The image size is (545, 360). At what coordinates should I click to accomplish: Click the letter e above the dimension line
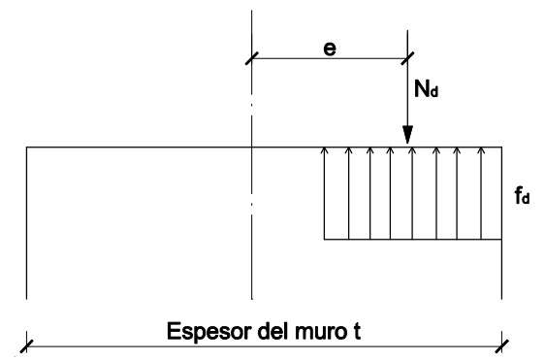(x=330, y=46)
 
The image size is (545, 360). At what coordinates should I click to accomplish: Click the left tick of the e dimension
(x=251, y=59)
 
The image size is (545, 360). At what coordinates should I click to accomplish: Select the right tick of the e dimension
(x=409, y=59)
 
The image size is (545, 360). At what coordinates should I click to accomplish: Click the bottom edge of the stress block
(x=412, y=239)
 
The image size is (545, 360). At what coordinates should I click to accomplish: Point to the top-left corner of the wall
(x=26, y=147)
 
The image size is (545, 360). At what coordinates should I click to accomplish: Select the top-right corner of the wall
(x=501, y=147)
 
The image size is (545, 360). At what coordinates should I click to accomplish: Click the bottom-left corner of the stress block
(x=324, y=239)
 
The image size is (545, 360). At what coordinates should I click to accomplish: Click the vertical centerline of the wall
(x=251, y=194)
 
